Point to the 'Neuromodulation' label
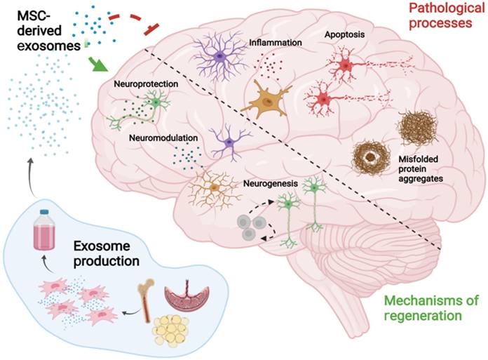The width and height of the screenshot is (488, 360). [x=163, y=139]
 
